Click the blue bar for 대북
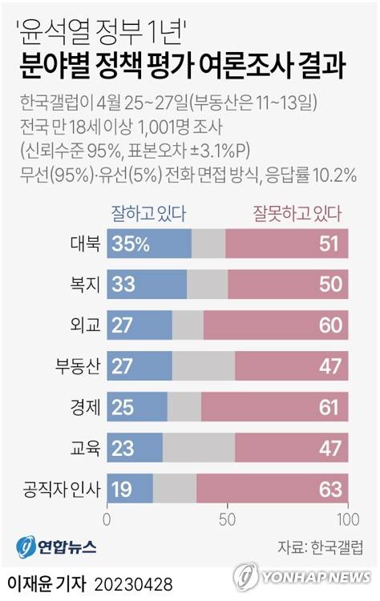pos(149,243)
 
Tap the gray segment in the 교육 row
pos(199,447)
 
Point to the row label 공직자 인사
pos(63,488)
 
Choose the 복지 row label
pos(84,284)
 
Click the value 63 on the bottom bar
pos(329,488)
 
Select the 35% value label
pos(131,243)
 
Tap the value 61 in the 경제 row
pos(329,406)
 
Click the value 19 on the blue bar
pos(123,488)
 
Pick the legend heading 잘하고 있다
pos(149,213)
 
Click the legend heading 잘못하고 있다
pos(297,213)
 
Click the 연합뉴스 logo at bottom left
pos(56,547)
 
